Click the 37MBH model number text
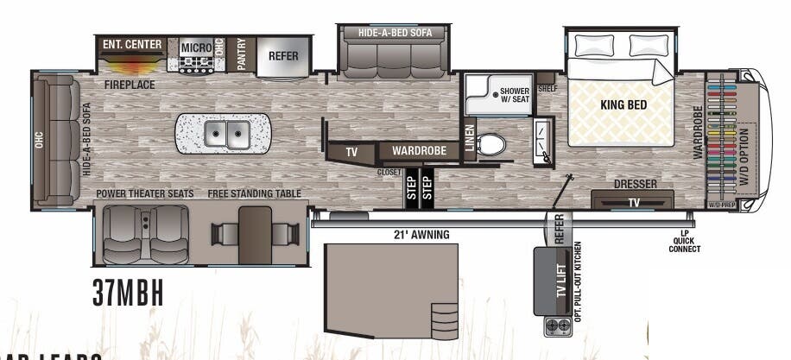pyautogui.click(x=128, y=293)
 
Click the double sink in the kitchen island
pyautogui.click(x=227, y=134)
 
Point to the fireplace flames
pyautogui.click(x=132, y=65)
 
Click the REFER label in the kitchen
pyautogui.click(x=283, y=55)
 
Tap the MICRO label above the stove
pyautogui.click(x=197, y=47)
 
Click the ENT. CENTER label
pyautogui.click(x=132, y=44)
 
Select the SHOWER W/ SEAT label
pyautogui.click(x=515, y=94)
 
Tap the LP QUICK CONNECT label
pyautogui.click(x=685, y=242)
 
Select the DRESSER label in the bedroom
pyautogui.click(x=636, y=184)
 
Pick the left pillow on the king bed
pyautogui.click(x=595, y=45)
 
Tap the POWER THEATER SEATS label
pyautogui.click(x=144, y=193)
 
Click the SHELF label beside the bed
pyautogui.click(x=547, y=89)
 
